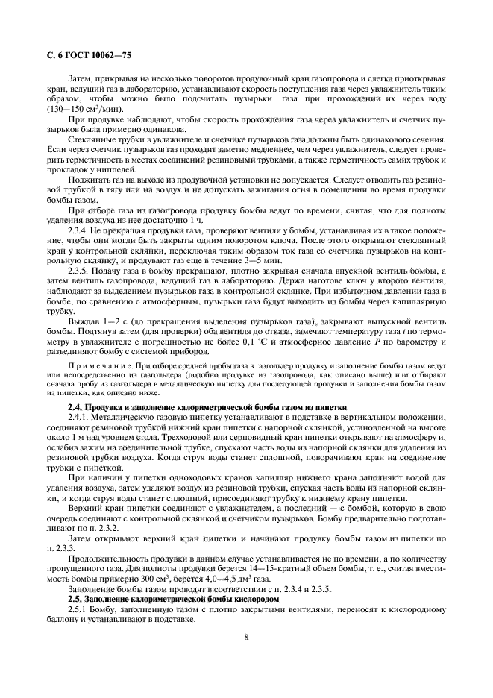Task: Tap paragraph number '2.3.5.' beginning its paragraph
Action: pos(81,272)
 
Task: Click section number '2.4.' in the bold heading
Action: pos(78,407)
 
